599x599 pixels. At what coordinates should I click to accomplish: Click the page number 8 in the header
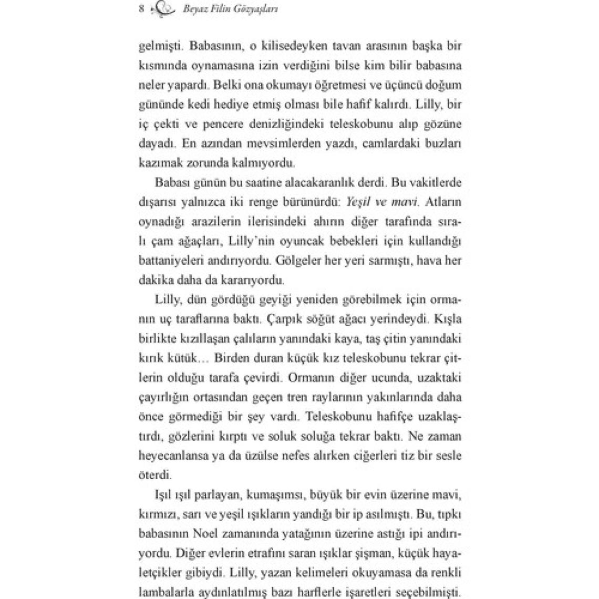click(x=141, y=8)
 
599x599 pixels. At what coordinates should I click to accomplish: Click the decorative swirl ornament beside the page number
click(x=160, y=9)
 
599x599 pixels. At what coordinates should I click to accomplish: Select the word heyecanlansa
click(x=171, y=456)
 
